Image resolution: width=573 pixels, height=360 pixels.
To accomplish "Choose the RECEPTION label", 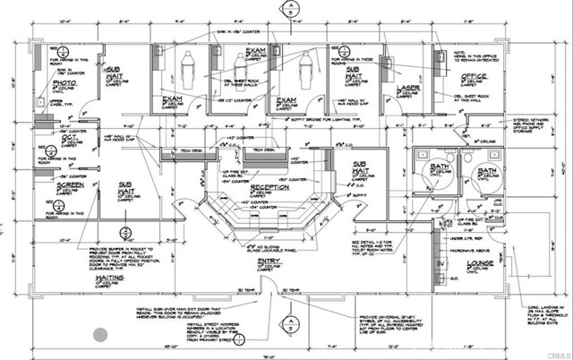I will (270, 189).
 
